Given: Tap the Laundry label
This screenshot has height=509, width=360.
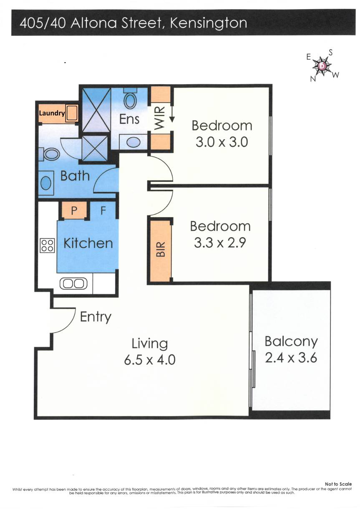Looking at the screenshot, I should (x=52, y=113).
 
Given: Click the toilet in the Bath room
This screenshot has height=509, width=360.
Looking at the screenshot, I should (x=52, y=155).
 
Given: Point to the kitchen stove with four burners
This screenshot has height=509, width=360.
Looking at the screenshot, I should (x=47, y=245).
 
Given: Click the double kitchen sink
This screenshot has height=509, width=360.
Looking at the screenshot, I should (x=73, y=284).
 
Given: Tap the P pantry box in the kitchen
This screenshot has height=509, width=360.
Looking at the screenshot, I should (x=74, y=211).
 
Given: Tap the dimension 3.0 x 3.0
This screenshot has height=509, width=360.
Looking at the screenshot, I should (x=222, y=142).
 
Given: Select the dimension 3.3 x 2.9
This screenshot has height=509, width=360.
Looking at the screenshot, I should (x=220, y=243).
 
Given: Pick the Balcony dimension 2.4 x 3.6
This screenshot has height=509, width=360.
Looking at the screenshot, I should (x=291, y=358).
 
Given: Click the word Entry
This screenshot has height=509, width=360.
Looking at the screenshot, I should (x=96, y=317).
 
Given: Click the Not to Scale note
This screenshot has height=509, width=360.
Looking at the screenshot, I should (x=338, y=484).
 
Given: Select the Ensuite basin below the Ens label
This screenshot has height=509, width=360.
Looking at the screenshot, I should (x=133, y=142).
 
